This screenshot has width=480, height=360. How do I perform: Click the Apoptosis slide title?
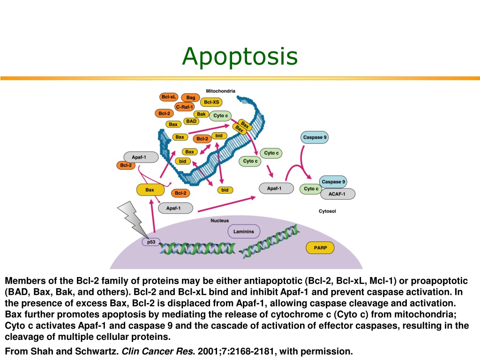point(240,57)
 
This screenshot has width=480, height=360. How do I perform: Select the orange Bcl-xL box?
point(169,97)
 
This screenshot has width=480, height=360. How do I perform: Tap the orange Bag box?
point(190,97)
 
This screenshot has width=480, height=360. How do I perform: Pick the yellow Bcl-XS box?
point(211,102)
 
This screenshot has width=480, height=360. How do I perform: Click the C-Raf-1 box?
point(184,107)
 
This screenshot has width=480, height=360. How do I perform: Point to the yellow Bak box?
point(201,114)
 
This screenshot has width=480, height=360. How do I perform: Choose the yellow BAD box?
point(191,121)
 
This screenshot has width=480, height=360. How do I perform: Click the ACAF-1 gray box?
point(337,194)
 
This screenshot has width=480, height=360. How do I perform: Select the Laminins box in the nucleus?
point(244,232)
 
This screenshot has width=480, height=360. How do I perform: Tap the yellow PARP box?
point(320,247)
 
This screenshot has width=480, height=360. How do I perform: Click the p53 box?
point(151,242)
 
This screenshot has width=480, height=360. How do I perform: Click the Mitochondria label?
point(220,91)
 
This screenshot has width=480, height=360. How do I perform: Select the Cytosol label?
point(327,211)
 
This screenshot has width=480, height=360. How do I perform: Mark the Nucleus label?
point(219,220)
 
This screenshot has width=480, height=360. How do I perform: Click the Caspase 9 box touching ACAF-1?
point(333,182)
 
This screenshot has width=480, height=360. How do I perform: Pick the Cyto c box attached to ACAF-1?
point(311,189)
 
